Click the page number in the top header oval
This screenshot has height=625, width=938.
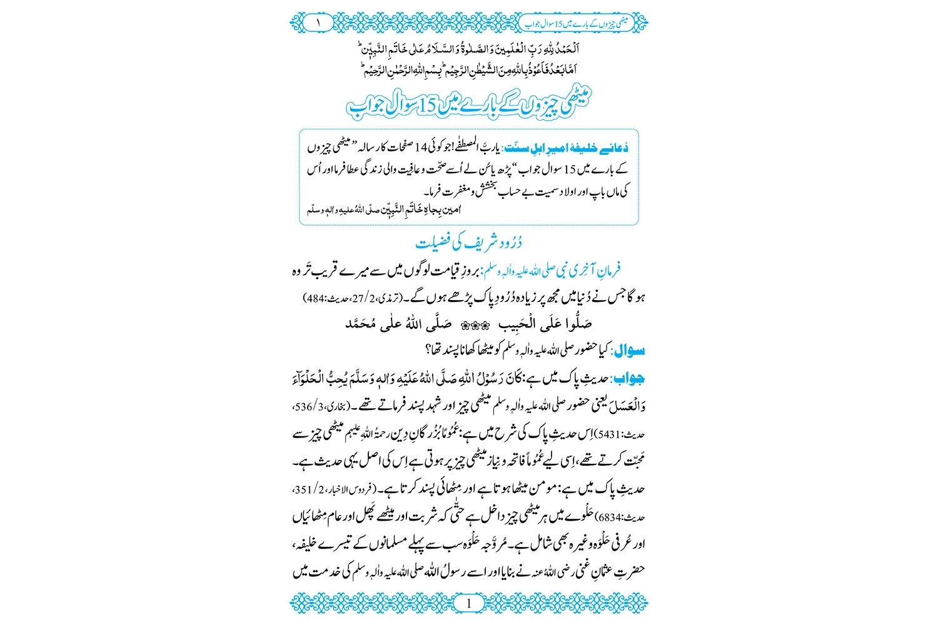318,23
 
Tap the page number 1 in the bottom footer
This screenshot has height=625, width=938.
469,603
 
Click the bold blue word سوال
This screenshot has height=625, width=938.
630,351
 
